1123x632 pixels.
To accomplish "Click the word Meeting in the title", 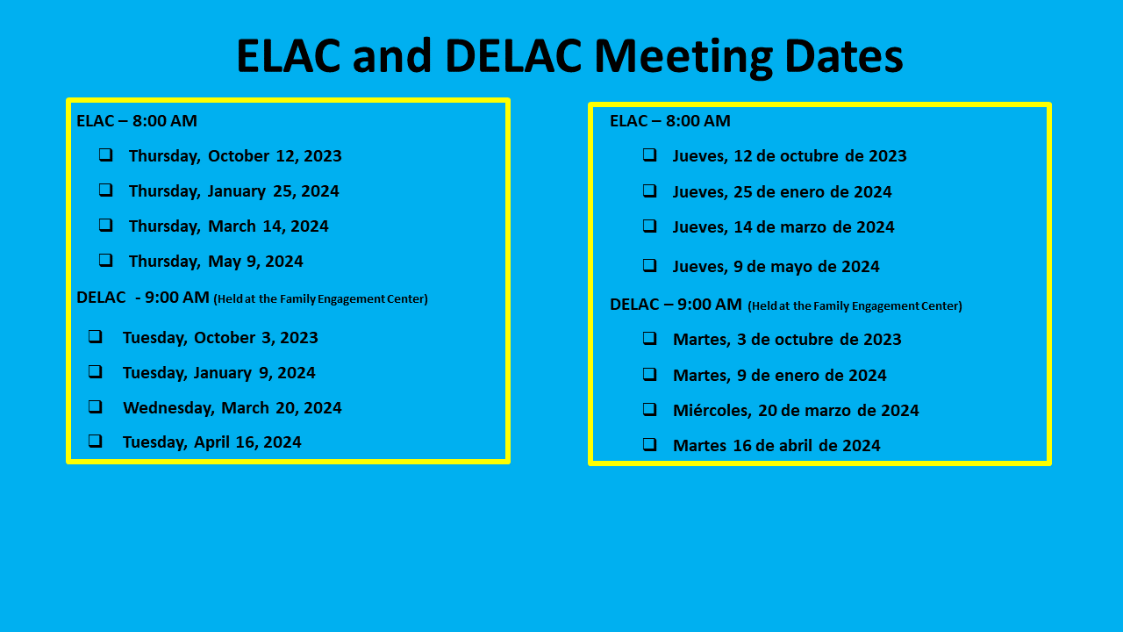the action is (x=683, y=56).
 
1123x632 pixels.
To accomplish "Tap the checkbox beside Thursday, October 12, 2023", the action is (x=106, y=154).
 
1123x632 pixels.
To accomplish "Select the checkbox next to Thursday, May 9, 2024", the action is (x=106, y=260).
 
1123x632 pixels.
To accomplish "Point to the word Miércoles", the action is (x=712, y=410).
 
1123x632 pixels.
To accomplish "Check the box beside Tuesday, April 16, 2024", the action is (x=96, y=441).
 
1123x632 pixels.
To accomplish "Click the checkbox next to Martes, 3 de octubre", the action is (x=650, y=338).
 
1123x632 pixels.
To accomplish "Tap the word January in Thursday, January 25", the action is (x=237, y=191).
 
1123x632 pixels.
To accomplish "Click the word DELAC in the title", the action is (x=513, y=56).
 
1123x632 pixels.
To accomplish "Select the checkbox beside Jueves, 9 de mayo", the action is (x=650, y=265).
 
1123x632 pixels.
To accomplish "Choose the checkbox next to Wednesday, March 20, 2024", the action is (x=96, y=406).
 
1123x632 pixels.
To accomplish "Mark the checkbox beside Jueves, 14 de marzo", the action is (x=650, y=226).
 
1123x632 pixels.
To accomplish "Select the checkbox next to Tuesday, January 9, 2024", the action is (x=96, y=371).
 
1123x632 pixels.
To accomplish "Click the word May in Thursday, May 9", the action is (x=224, y=262).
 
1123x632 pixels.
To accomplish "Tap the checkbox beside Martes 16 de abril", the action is (x=650, y=444).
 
